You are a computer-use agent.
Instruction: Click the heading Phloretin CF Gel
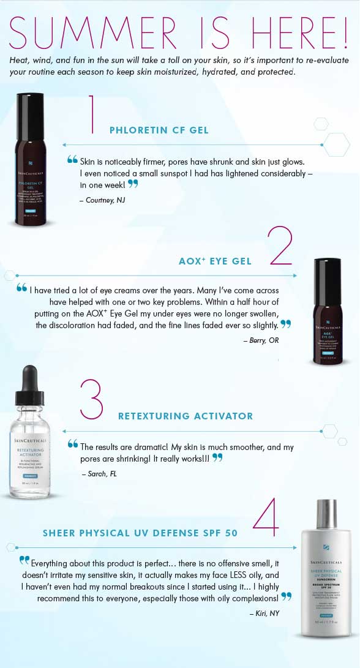coord(159,130)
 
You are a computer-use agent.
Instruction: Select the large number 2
coord(280,246)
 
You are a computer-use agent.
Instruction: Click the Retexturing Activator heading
coord(185,416)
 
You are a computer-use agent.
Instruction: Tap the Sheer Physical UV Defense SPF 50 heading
coord(140,533)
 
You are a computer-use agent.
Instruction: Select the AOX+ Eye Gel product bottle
coord(331,312)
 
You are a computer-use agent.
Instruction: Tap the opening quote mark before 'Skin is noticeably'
coord(73,160)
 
